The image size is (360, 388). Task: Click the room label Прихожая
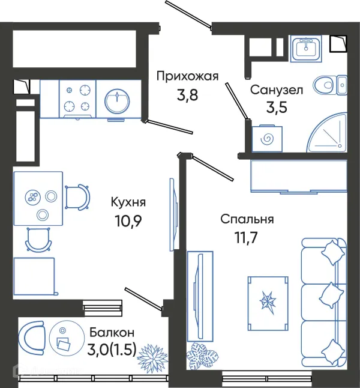187,76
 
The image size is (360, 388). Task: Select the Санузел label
277,90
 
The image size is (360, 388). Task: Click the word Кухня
129,202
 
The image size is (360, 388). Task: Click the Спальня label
247,219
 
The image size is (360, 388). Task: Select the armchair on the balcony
32,338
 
